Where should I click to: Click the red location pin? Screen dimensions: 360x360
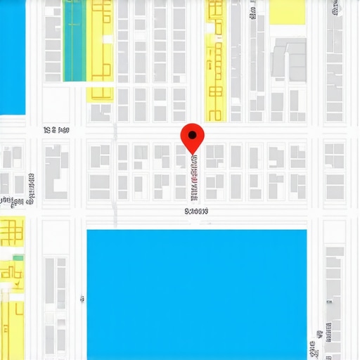tap(192, 136)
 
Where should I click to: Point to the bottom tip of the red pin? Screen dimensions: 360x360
tap(192, 153)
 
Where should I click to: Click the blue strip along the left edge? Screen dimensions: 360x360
tap(12, 56)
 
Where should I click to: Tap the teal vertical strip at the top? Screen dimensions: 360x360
tap(75, 41)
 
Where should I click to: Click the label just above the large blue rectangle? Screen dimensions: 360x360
tap(197, 210)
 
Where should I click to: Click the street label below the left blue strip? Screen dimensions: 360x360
tap(56, 130)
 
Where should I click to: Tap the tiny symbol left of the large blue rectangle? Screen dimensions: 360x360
tap(83, 299)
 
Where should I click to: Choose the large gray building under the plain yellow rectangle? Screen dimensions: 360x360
tap(289, 58)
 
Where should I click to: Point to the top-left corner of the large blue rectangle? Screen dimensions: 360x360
tap(87, 230)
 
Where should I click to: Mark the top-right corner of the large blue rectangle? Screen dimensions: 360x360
tap(307, 230)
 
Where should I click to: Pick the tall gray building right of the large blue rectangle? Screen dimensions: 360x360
tap(334, 295)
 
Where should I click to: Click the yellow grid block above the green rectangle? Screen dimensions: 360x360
tap(11, 232)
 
